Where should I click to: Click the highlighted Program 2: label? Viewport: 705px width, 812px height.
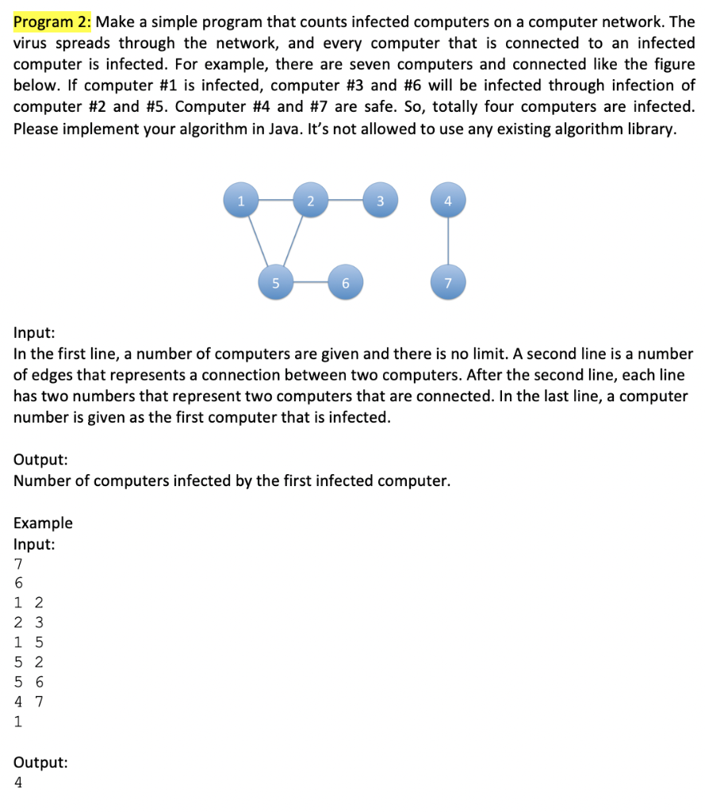click(53, 22)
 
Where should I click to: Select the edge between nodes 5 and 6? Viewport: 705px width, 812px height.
click(310, 282)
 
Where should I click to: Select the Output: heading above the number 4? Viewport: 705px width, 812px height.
click(40, 762)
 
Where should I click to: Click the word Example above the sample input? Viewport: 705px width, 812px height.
click(43, 523)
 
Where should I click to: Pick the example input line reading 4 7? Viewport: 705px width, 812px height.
click(29, 701)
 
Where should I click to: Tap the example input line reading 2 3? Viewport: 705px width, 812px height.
click(29, 622)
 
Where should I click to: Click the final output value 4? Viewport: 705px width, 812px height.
click(18, 782)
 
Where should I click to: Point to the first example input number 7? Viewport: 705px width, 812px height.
click(18, 563)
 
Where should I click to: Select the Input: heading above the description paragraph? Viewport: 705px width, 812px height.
click(34, 332)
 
